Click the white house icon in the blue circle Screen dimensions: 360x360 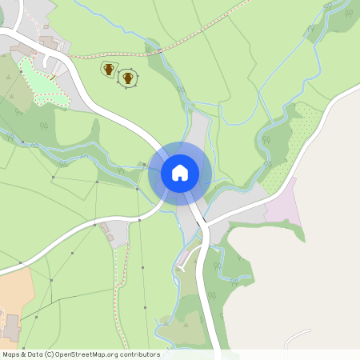(x=180, y=172)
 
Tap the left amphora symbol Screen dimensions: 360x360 (x=108, y=70)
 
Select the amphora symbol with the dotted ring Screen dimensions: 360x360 (x=127, y=78)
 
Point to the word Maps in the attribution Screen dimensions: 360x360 (x=11, y=354)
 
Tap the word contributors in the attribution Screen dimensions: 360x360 (x=136, y=354)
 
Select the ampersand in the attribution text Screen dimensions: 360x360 (x=24, y=354)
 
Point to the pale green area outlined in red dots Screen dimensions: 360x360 (x=40, y=80)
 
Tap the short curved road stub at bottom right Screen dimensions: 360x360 (x=298, y=334)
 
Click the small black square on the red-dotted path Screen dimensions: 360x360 (x=160, y=51)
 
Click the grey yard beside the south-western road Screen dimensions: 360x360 (x=116, y=233)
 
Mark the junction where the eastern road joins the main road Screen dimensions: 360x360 (x=206, y=225)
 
